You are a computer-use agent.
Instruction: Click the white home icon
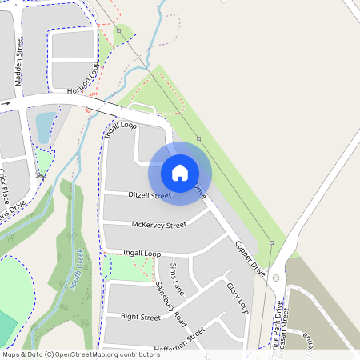click(x=180, y=172)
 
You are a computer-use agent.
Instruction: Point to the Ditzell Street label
click(x=150, y=195)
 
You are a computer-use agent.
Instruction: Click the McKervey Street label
click(x=158, y=225)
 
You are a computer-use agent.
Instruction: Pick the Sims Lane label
click(x=177, y=278)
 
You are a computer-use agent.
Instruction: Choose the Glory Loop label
click(x=238, y=298)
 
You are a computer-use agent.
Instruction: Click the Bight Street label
click(x=141, y=317)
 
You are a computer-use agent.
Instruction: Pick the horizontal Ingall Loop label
click(x=142, y=254)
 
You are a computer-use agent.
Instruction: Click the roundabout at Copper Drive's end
click(x=276, y=278)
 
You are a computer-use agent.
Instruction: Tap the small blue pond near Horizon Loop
click(x=45, y=122)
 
